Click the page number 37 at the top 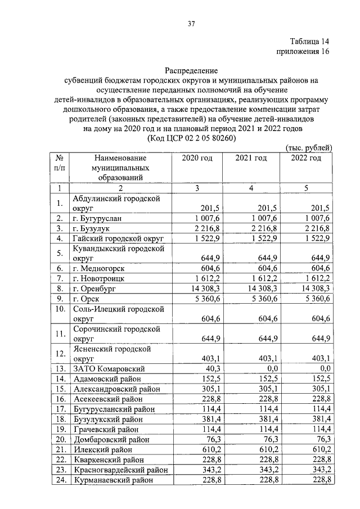point(191,24)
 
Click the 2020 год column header point(197,158)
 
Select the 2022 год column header point(306,158)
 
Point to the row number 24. point(59,480)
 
